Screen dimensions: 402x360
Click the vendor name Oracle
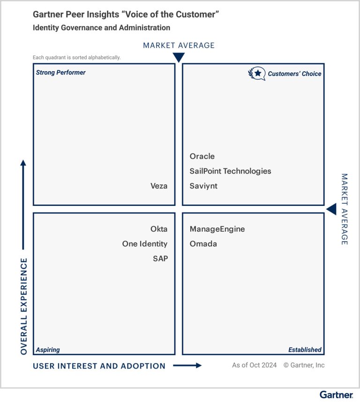tap(202, 156)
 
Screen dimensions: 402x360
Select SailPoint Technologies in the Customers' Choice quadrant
tap(230, 171)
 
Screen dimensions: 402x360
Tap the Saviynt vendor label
tap(203, 186)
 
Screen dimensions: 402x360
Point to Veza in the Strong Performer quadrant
tap(159, 186)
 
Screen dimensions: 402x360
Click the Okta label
tap(159, 229)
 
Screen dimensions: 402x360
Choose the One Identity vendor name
tap(144, 244)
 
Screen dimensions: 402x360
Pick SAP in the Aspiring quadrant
tap(160, 258)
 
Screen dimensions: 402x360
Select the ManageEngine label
tap(217, 229)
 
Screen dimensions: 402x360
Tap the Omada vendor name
tap(203, 244)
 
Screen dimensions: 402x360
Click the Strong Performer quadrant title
tap(61, 73)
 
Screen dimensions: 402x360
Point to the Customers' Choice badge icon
tap(256, 73)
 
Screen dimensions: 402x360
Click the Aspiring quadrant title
tap(48, 350)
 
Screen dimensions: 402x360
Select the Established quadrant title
tap(305, 350)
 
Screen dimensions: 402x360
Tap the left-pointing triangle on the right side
tap(331, 209)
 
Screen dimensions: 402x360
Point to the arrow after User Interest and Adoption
tap(187, 366)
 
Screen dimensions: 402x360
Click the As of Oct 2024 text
tap(254, 365)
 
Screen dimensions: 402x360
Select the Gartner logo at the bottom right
tap(336, 394)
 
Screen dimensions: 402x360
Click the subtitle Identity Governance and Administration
tap(101, 28)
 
